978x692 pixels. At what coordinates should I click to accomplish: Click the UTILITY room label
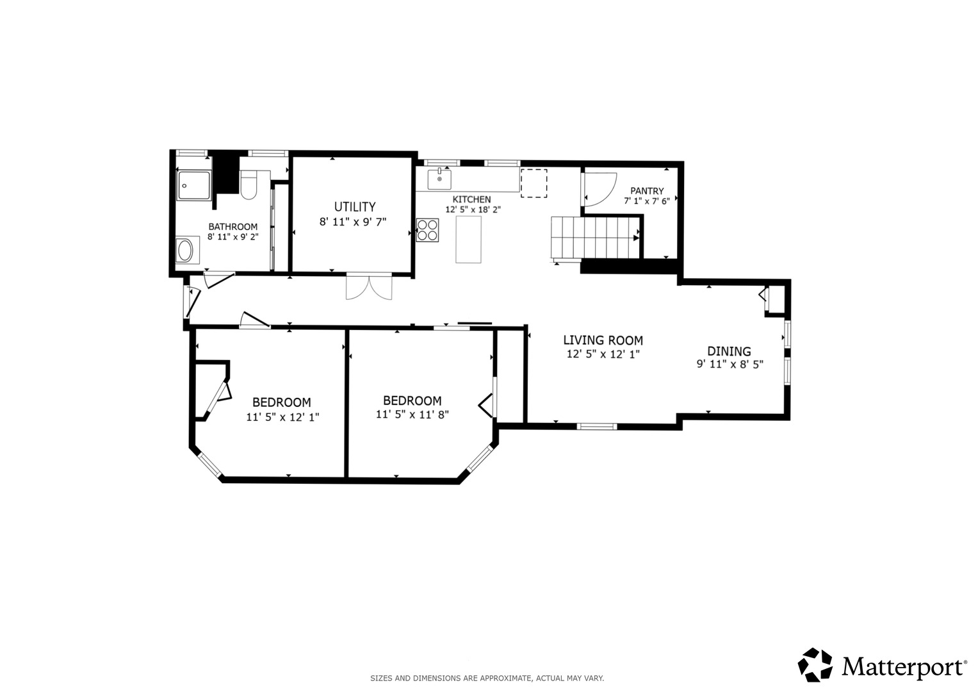click(x=355, y=206)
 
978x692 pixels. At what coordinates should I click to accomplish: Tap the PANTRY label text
click(x=647, y=191)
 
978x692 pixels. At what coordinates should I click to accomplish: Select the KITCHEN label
click(x=471, y=199)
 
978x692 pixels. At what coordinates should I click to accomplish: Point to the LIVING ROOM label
click(x=603, y=340)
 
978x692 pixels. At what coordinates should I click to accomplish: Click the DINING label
click(x=729, y=351)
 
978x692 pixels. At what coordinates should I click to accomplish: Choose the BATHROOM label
click(x=232, y=227)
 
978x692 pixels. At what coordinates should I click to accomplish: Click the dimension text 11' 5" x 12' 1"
click(x=282, y=417)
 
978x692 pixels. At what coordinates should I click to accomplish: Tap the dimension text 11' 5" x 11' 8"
click(x=412, y=414)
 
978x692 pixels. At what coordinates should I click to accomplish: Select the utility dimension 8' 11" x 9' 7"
click(x=353, y=222)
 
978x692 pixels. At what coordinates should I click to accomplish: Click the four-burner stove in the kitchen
click(x=427, y=230)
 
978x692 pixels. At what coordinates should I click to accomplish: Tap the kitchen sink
click(x=439, y=179)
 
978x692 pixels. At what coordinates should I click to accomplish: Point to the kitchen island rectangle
click(x=468, y=240)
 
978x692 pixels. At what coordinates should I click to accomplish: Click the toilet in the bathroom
click(x=249, y=185)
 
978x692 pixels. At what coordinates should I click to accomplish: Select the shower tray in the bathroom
click(x=194, y=185)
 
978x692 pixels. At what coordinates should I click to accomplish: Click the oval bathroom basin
click(x=185, y=251)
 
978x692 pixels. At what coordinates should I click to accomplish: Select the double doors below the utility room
click(x=369, y=287)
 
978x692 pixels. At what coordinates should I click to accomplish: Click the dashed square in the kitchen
click(x=534, y=183)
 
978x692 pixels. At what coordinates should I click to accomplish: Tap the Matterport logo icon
click(x=815, y=664)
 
